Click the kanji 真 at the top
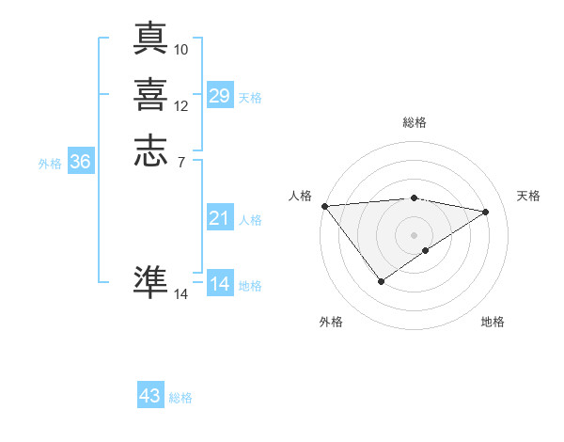click(150, 38)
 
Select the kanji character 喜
click(150, 93)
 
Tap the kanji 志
click(150, 150)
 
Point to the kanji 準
click(150, 281)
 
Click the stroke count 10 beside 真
click(181, 49)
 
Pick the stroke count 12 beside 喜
click(181, 105)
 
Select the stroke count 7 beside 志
click(181, 162)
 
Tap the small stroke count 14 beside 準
click(181, 294)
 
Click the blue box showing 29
click(220, 96)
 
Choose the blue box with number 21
click(220, 218)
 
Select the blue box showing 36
click(81, 162)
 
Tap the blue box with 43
click(150, 396)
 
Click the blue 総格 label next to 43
click(180, 398)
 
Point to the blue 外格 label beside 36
click(50, 164)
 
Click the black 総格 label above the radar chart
click(415, 122)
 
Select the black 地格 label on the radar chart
click(493, 323)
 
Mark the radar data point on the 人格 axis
click(324, 206)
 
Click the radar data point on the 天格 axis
click(486, 212)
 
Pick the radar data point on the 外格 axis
click(381, 280)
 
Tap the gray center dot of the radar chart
click(415, 234)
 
